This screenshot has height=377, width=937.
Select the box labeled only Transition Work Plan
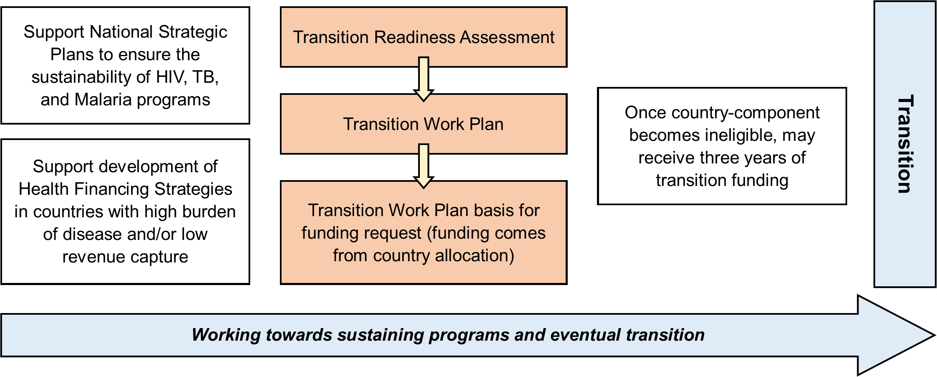click(424, 124)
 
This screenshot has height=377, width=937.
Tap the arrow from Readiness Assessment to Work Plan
click(424, 79)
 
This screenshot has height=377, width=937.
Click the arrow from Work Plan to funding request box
click(424, 166)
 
